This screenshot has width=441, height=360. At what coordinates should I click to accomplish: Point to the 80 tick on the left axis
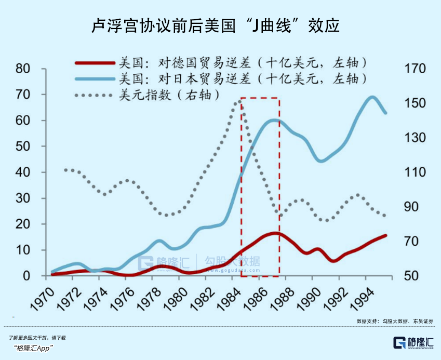23,69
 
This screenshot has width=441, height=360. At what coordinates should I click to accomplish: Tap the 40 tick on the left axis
23,172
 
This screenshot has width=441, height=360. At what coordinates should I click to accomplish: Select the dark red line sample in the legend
94,63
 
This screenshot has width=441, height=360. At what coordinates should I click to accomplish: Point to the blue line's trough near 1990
322,161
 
